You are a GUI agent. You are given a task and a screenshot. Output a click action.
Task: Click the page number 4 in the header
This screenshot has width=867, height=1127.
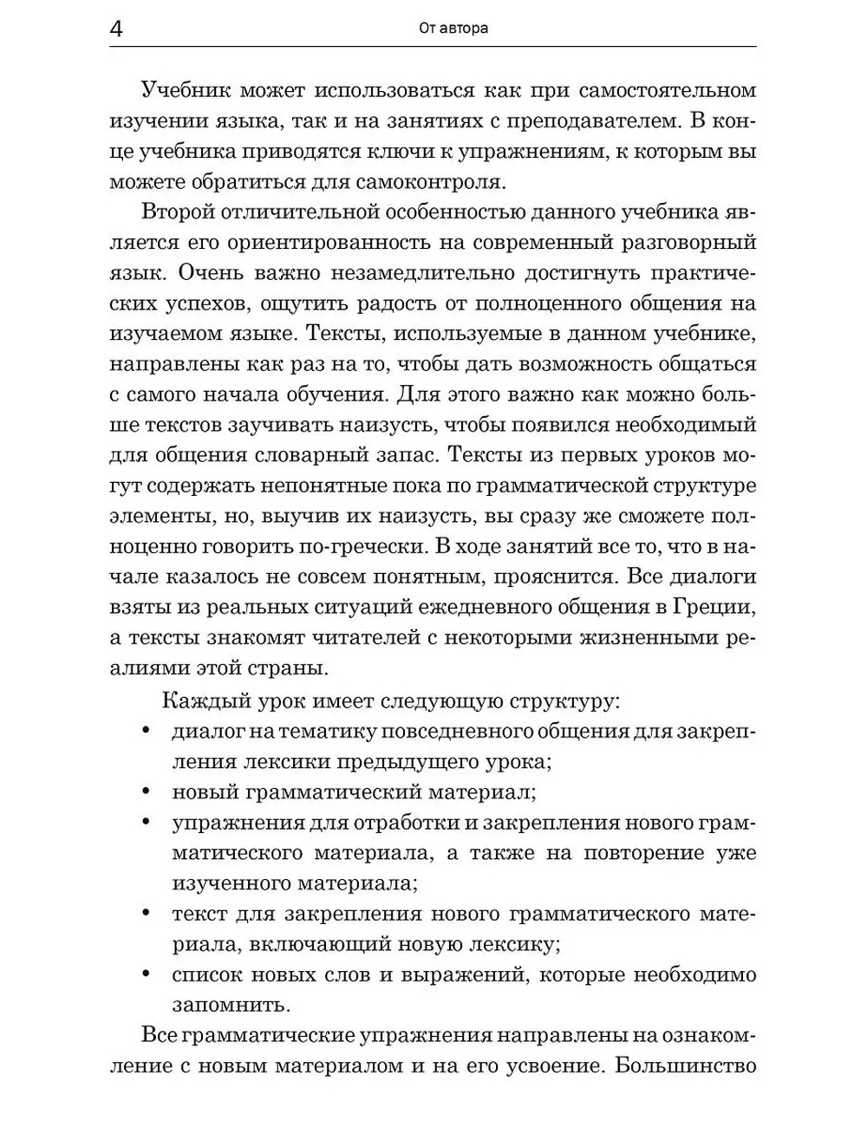[117, 29]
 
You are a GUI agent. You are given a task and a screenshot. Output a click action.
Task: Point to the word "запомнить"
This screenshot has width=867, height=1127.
[229, 1005]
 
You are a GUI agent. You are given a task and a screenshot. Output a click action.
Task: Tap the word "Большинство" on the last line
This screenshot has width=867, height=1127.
[685, 1065]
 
